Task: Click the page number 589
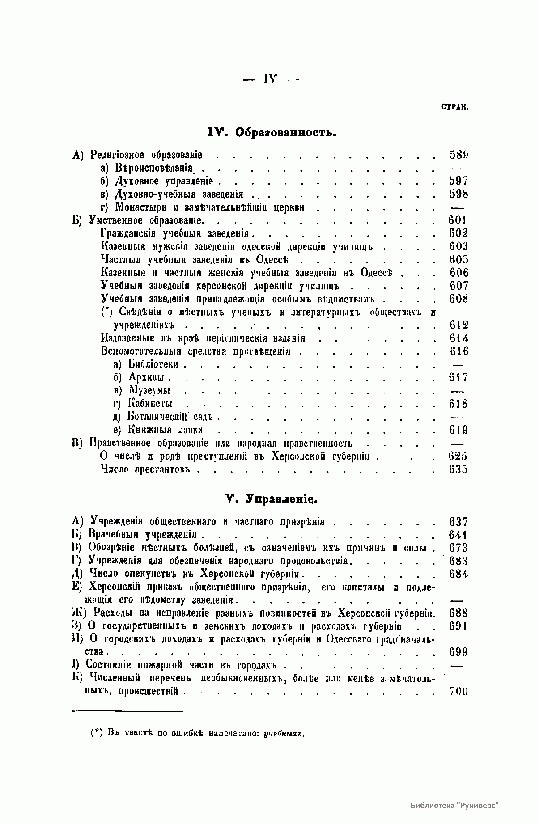pyautogui.click(x=458, y=155)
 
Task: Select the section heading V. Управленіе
pyautogui.click(x=271, y=499)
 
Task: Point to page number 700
pyautogui.click(x=458, y=691)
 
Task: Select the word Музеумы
pyautogui.click(x=149, y=391)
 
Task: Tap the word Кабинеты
pyautogui.click(x=150, y=404)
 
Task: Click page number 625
pyautogui.click(x=458, y=456)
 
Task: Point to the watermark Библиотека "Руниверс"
pyautogui.click(x=454, y=805)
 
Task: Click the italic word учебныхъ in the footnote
pyautogui.click(x=284, y=734)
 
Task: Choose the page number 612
pyautogui.click(x=458, y=325)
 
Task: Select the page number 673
pyautogui.click(x=458, y=548)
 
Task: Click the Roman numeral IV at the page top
pyautogui.click(x=271, y=79)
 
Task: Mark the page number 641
pyautogui.click(x=458, y=535)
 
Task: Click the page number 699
pyautogui.click(x=458, y=652)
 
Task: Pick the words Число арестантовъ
pyautogui.click(x=146, y=469)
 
